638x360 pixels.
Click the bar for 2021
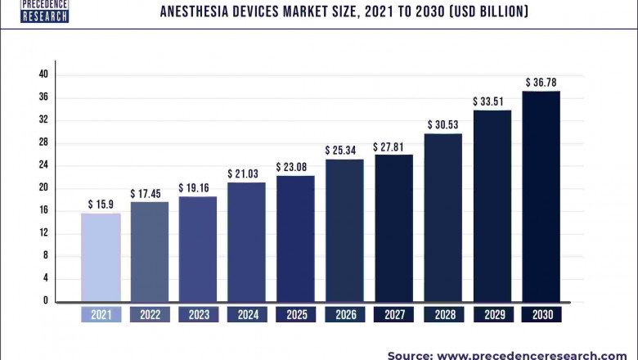click(101, 257)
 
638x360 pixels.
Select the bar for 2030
click(541, 196)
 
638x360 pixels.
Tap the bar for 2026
click(345, 230)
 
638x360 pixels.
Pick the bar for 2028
click(443, 217)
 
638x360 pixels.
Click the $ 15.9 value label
click(101, 204)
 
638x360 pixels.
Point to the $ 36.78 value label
click(541, 82)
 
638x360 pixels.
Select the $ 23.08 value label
click(296, 166)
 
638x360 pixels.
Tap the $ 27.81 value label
click(393, 146)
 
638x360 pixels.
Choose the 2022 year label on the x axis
click(150, 314)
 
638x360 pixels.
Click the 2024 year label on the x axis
click(247, 314)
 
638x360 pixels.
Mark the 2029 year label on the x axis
click(492, 314)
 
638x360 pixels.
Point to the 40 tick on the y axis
click(43, 74)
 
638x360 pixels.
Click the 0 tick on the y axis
click(46, 301)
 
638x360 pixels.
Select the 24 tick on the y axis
click(43, 165)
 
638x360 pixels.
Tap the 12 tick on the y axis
click(43, 233)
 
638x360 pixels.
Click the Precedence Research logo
click(44, 11)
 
